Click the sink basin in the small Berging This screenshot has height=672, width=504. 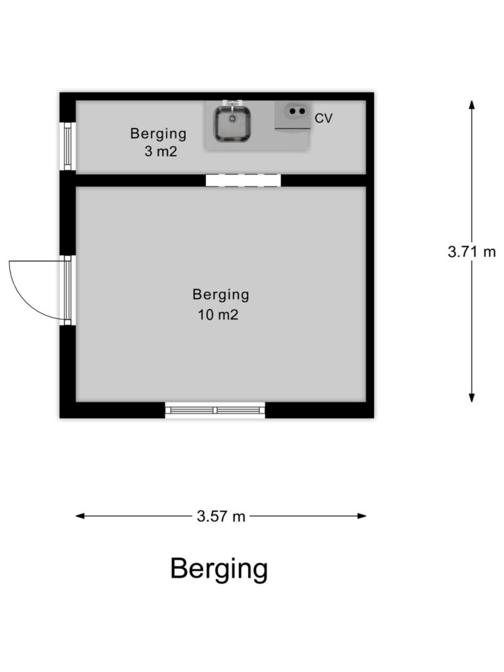(232, 124)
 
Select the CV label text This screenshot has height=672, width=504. (323, 118)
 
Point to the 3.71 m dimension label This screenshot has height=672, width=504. (471, 251)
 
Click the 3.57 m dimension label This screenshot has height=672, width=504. (221, 516)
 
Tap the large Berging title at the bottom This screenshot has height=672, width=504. (219, 570)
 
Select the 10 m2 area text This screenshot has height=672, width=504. (218, 315)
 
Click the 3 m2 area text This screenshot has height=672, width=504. (161, 152)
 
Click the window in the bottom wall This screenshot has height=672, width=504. (215, 410)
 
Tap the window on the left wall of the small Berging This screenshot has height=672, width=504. (68, 146)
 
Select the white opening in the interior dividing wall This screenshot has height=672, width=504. (243, 180)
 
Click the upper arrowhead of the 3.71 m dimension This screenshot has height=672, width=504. (471, 105)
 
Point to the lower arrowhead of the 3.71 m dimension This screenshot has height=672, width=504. (471, 397)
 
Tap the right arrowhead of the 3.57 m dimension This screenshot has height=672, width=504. (362, 516)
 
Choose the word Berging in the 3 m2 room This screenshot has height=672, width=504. (159, 135)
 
